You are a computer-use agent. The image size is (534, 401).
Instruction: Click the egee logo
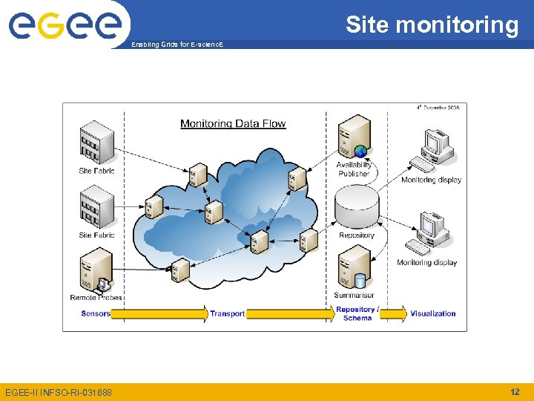tap(65, 25)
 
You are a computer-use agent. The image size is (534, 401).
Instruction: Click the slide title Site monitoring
tap(432, 25)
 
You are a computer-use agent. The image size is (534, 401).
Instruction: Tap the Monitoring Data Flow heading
tap(233, 124)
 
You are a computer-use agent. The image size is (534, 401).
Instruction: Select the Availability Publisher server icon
tap(354, 137)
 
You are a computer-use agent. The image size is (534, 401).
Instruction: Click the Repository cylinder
tap(356, 209)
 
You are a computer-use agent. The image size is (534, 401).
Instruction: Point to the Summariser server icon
tap(354, 267)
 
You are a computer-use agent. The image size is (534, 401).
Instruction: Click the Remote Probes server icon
tap(96, 270)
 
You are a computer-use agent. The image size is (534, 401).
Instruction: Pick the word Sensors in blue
tap(96, 313)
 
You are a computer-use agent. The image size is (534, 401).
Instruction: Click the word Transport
tap(227, 314)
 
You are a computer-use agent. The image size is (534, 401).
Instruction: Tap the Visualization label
tap(433, 314)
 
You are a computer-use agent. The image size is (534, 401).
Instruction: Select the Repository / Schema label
tap(357, 314)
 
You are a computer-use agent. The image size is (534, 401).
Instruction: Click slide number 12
tap(515, 391)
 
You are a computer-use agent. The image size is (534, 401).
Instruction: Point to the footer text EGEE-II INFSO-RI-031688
tap(59, 392)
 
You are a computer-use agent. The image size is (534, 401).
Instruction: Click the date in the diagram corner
tap(438, 108)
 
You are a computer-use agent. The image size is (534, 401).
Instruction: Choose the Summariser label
tap(354, 296)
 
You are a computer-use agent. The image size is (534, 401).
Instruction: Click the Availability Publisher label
tap(355, 169)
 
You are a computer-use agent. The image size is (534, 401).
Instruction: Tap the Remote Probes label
tap(96, 298)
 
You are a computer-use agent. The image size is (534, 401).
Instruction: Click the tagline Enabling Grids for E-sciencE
tap(176, 45)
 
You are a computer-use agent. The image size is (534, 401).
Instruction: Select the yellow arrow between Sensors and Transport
tap(159, 314)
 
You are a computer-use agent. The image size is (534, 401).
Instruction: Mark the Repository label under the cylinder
tap(357, 235)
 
